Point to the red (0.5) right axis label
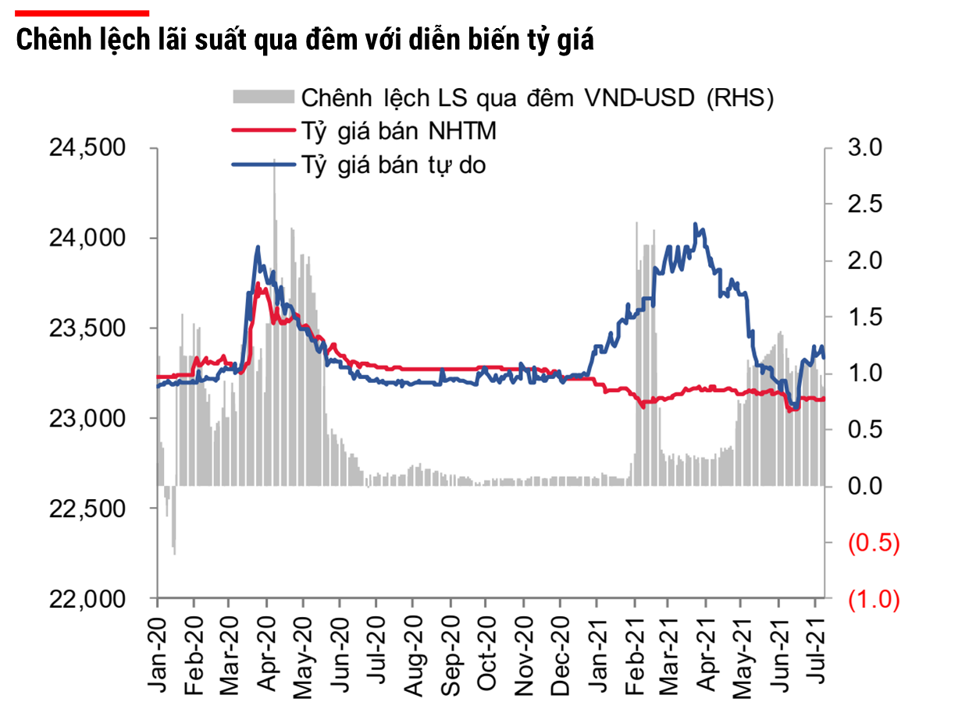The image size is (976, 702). (873, 543)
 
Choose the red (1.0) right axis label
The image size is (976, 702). (873, 600)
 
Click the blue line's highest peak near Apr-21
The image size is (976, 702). (695, 224)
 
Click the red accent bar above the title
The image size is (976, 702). (82, 12)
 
